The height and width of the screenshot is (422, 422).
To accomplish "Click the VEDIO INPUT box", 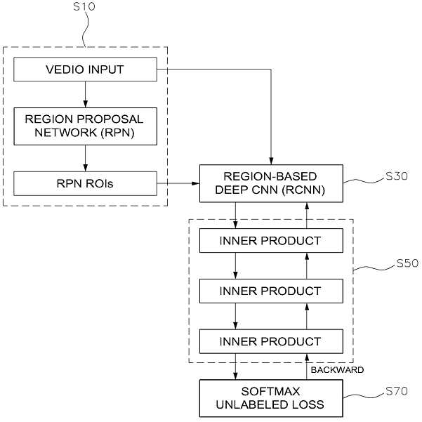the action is tap(86, 70).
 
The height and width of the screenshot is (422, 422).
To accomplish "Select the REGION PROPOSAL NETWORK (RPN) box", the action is tap(86, 126).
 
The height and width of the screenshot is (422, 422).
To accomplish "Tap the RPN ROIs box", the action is tap(86, 183).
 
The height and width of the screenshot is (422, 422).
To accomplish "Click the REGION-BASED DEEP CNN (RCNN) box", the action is tap(271, 183).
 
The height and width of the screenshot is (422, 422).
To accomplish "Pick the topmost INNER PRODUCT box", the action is tap(271, 241).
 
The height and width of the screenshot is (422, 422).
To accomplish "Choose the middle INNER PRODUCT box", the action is tap(271, 291).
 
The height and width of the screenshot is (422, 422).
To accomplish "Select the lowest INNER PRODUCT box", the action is tap(271, 341).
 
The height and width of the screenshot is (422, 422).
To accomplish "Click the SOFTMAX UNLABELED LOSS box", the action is tap(271, 398).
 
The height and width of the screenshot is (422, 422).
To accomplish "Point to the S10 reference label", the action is tap(84, 7).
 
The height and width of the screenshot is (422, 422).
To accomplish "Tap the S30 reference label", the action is tap(397, 176).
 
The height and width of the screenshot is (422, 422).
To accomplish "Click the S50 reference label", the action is tap(407, 263).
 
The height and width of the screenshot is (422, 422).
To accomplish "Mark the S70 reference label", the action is tap(397, 391).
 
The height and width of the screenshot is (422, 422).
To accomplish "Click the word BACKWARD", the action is tap(337, 370).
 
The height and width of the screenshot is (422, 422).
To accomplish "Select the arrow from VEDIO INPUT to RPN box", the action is tap(86, 95).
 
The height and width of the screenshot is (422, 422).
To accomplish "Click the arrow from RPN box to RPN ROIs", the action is tap(86, 159).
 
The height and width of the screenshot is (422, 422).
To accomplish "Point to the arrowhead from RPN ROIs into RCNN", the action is tap(195, 183).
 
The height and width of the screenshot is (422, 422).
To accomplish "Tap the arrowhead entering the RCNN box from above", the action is tap(271, 161).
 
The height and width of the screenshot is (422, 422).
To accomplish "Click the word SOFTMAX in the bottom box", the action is tap(270, 391).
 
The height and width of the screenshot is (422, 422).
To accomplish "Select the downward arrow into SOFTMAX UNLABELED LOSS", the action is tap(235, 367).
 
